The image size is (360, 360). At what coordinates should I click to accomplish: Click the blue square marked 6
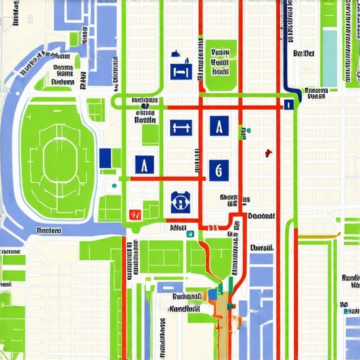click(x=219, y=169)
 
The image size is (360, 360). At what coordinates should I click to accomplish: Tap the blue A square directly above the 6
click(x=219, y=127)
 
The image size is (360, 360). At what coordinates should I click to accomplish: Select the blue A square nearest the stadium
click(x=144, y=165)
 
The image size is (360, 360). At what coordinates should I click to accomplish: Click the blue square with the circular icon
click(x=180, y=202)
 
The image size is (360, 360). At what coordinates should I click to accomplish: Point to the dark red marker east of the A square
click(x=267, y=153)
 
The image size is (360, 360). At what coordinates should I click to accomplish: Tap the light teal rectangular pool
click(x=330, y=53)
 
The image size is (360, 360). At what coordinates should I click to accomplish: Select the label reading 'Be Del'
click(x=303, y=53)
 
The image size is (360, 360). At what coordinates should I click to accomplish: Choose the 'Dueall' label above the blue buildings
click(x=262, y=248)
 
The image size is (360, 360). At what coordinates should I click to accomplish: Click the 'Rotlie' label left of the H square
click(x=145, y=120)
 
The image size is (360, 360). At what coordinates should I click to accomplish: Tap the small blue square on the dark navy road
click(x=288, y=105)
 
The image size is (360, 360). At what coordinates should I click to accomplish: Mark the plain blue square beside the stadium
click(x=105, y=158)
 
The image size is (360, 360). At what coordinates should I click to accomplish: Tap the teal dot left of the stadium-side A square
click(x=114, y=186)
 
